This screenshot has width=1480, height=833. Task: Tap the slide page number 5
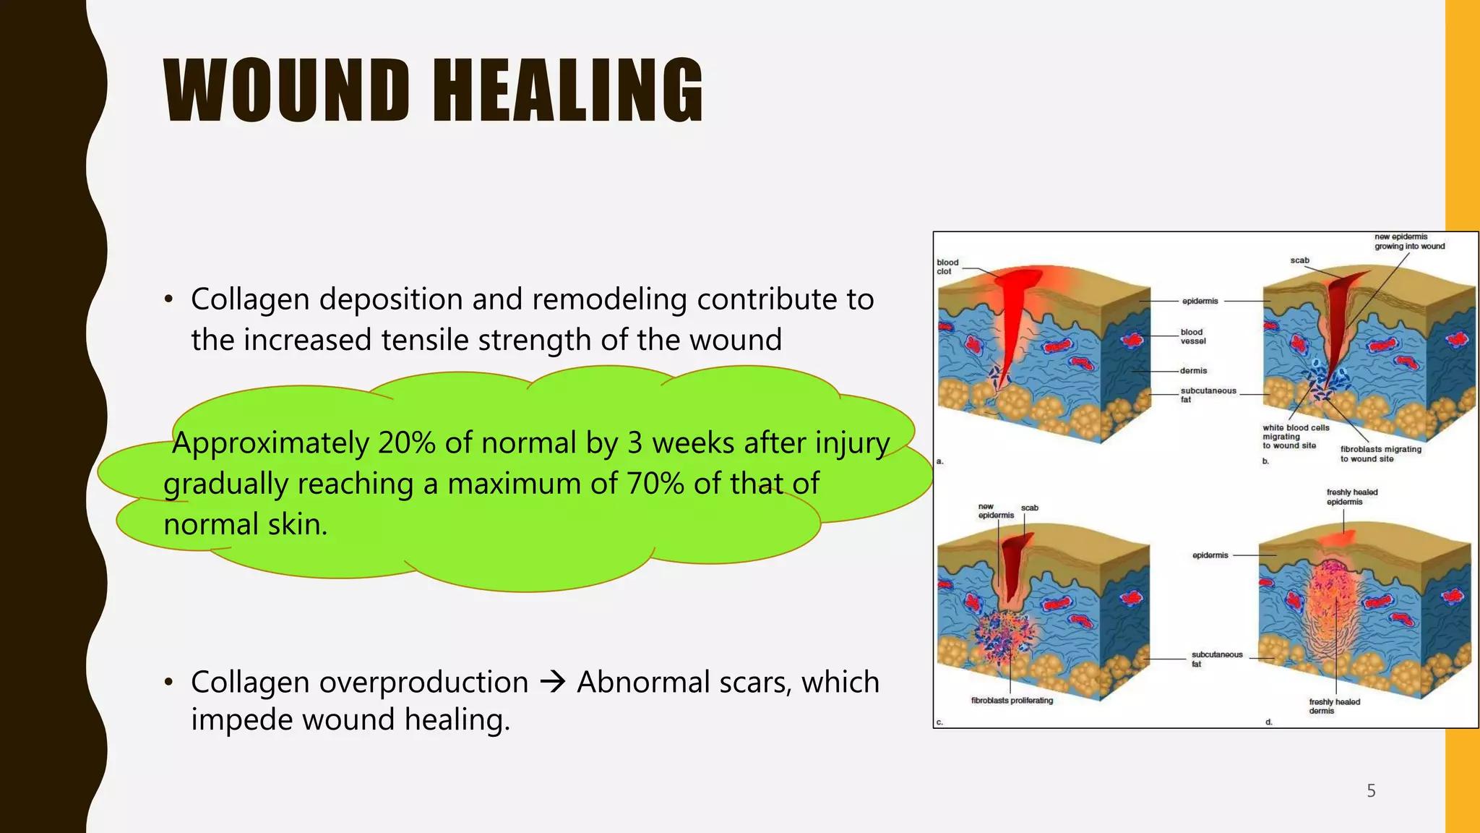pyautogui.click(x=1371, y=790)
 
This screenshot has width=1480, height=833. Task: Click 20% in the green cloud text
pyautogui.click(x=406, y=443)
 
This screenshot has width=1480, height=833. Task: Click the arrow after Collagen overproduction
pyautogui.click(x=553, y=682)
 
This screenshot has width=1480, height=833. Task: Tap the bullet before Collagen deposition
pyautogui.click(x=168, y=299)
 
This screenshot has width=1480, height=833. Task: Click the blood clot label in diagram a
pyautogui.click(x=947, y=267)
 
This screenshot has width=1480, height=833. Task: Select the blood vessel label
pyautogui.click(x=1193, y=336)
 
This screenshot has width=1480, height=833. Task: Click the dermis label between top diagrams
pyautogui.click(x=1193, y=370)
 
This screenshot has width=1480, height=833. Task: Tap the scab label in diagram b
pyautogui.click(x=1299, y=260)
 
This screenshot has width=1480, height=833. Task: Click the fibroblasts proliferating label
pyautogui.click(x=1012, y=700)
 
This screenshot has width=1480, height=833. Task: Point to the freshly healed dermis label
pyautogui.click(x=1334, y=706)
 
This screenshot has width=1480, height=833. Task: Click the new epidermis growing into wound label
pyautogui.click(x=1408, y=242)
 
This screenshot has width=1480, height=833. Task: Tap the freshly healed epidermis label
pyautogui.click(x=1351, y=497)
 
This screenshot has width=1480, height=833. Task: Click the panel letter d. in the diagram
pyautogui.click(x=1268, y=722)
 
